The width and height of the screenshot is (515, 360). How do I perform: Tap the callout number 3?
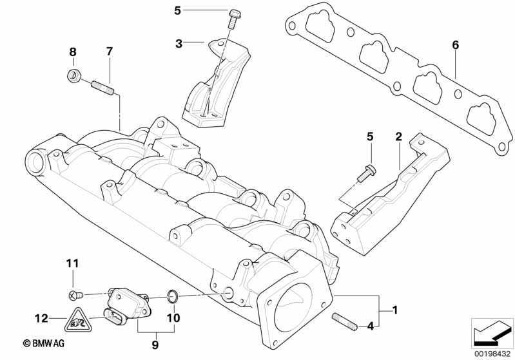(179, 44)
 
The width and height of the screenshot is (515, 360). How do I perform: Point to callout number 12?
(41, 317)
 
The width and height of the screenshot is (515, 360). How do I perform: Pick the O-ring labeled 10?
(173, 296)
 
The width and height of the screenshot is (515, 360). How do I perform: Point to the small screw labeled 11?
(75, 295)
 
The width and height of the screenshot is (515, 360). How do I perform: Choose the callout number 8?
(73, 51)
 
